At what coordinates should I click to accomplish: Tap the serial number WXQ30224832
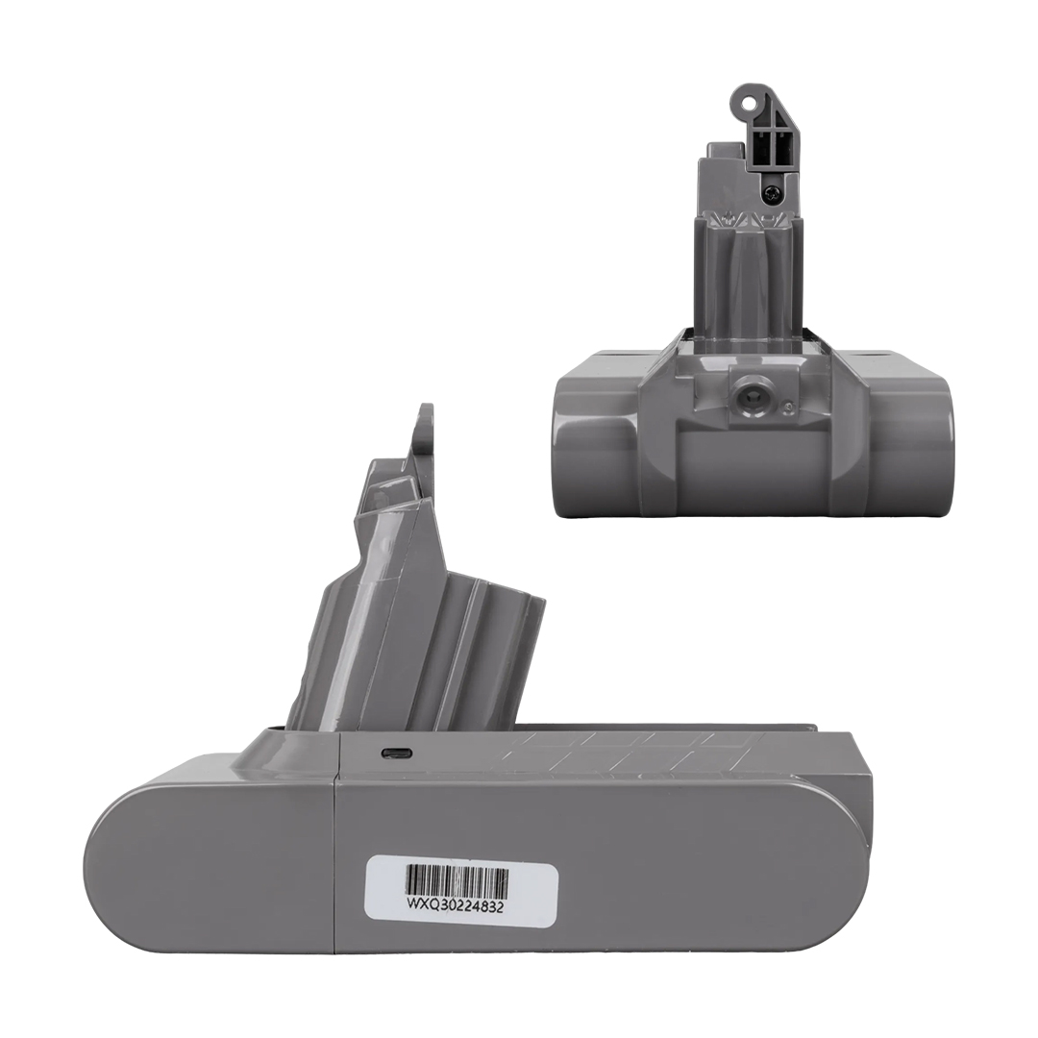coord(455,907)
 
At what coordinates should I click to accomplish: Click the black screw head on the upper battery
coord(773,192)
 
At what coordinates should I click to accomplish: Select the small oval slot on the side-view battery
coord(396,754)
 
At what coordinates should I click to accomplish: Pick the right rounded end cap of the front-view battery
coord(910,442)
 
